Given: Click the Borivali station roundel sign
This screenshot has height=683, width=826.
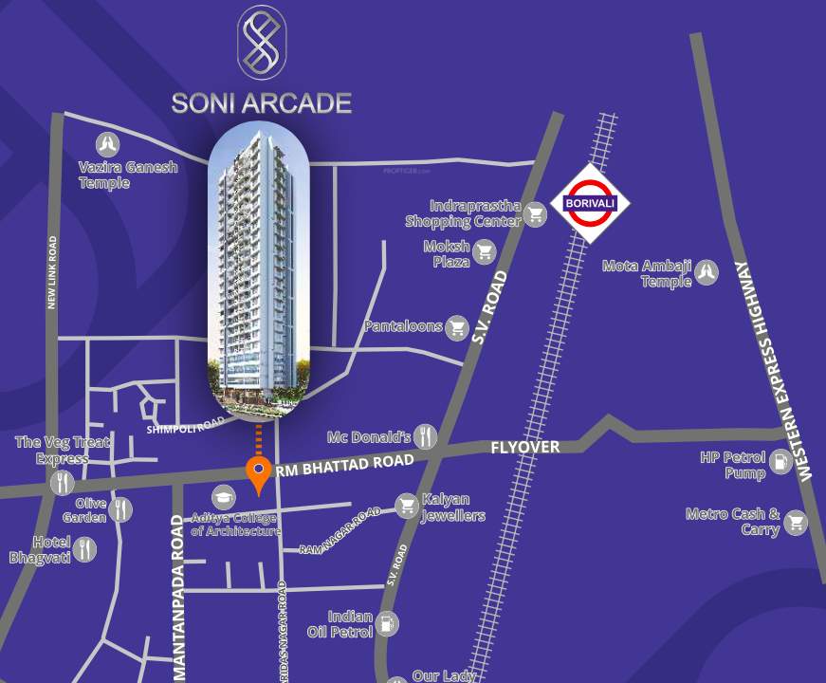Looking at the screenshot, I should coord(583,203).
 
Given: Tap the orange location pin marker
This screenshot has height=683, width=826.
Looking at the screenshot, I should coord(257,471).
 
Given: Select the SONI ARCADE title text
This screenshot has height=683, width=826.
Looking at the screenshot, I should coord(261,102).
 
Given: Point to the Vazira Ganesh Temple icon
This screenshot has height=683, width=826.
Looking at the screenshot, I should coord(108,144).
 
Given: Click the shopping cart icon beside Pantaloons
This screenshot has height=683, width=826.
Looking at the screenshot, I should coord(458,327).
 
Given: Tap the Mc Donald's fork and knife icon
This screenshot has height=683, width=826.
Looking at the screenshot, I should coord(425,436).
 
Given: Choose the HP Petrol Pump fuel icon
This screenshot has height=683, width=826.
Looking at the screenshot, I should coord(780,463).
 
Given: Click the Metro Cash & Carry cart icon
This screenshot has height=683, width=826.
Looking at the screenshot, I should coord(796,521).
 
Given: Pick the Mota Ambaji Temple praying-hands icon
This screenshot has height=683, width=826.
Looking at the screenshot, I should coord(707,273).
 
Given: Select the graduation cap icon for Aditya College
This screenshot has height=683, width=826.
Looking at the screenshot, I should coord(224,497).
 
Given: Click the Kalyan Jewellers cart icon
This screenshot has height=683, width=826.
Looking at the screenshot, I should coord(408,506).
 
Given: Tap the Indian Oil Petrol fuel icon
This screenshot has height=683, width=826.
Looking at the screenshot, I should coord(387,623).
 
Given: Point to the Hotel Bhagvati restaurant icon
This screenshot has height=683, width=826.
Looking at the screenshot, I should coord(85,548).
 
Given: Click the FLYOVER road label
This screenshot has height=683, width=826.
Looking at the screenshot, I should coord(524,447).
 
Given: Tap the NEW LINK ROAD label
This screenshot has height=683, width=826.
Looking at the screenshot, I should coord(53,273).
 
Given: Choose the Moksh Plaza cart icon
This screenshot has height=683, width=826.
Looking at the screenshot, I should coord(486,251).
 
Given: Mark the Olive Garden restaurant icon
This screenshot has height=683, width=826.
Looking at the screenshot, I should coord(120,509).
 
